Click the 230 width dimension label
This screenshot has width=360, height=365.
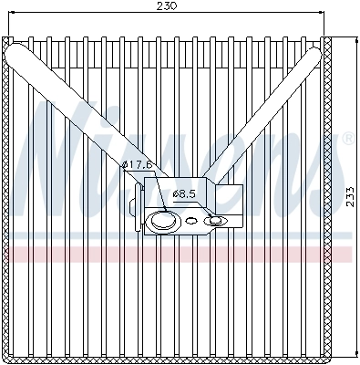[x=166, y=6]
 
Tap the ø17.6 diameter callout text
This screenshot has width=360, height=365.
[x=137, y=164]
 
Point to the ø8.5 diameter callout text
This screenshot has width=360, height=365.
[x=184, y=193]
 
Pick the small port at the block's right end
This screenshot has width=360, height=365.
[x=216, y=220]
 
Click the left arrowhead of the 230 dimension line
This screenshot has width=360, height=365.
[x=6, y=15]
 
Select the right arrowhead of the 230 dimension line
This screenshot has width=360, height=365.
[x=322, y=15]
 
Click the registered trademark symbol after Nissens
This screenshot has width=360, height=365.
[x=347, y=140]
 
